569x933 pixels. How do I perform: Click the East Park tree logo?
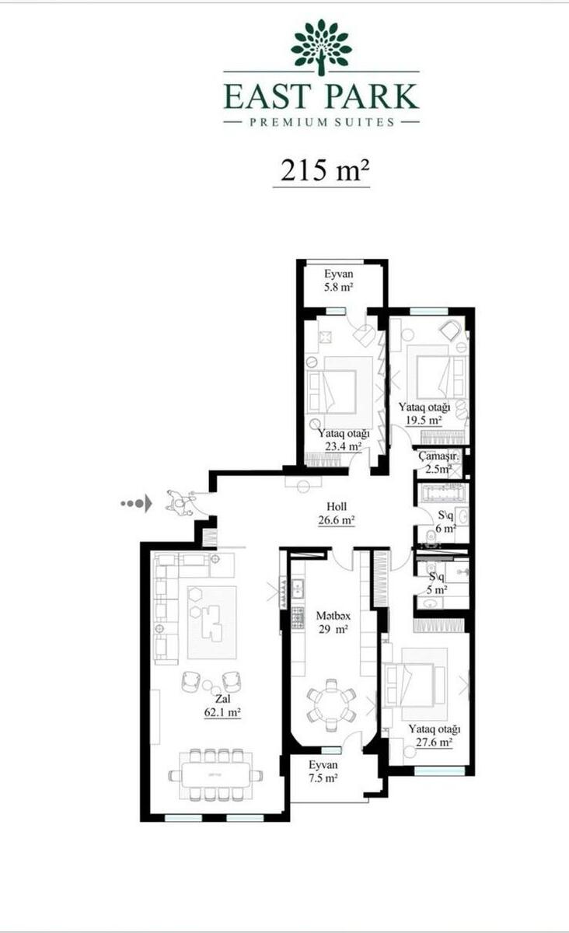click(x=320, y=47)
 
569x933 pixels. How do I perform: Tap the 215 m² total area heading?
click(x=325, y=170)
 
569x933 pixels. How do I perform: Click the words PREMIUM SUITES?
click(x=322, y=122)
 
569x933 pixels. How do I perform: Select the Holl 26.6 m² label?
click(x=337, y=513)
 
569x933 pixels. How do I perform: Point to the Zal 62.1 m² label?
click(x=222, y=706)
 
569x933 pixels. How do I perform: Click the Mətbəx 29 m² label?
click(x=333, y=622)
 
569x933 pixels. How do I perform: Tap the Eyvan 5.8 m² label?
click(x=339, y=281)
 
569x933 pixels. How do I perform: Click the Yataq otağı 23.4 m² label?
click(x=344, y=440)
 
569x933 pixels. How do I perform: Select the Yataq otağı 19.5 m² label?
click(x=424, y=413)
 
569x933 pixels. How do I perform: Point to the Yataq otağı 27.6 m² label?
click(x=434, y=736)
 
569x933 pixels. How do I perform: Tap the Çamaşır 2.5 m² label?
click(x=438, y=463)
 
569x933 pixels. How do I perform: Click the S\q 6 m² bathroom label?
click(x=445, y=522)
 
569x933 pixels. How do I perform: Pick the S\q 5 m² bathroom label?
click(x=437, y=583)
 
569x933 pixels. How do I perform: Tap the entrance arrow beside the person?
click(x=137, y=504)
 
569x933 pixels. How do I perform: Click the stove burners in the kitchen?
click(x=298, y=617)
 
